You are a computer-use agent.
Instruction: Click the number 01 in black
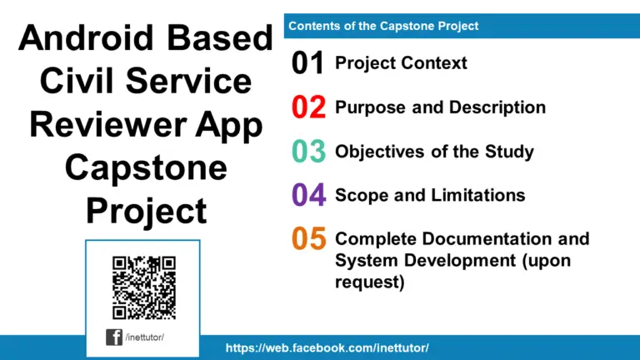[307, 63]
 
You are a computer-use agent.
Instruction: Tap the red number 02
[307, 107]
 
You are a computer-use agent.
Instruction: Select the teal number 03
[307, 152]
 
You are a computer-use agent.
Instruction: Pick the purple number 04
[307, 195]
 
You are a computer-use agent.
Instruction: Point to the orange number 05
[307, 239]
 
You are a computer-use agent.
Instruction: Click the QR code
[143, 287]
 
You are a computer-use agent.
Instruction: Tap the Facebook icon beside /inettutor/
[114, 337]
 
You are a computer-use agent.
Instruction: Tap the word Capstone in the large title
[146, 168]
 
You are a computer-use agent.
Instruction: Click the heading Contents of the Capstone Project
[383, 26]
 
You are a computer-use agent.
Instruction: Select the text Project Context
[401, 63]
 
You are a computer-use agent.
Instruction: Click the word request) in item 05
[369, 282]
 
